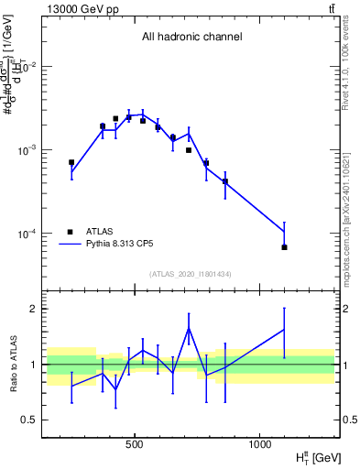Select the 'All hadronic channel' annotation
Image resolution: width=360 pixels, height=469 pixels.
pos(191,38)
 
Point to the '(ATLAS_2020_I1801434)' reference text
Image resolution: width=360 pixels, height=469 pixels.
pos(191,274)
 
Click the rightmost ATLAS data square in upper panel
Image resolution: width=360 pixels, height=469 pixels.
pos(284,247)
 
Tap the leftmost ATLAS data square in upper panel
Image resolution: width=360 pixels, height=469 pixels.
pos(71,162)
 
